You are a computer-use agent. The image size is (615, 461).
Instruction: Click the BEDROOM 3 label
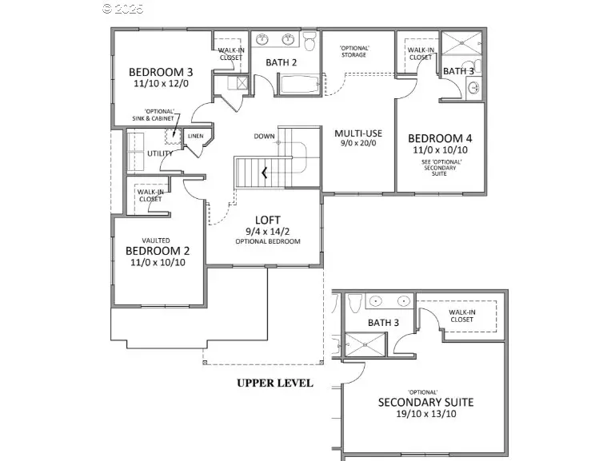[158, 72]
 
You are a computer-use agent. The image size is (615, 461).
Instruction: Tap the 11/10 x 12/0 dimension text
[158, 84]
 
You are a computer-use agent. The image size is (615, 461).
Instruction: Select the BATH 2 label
[281, 62]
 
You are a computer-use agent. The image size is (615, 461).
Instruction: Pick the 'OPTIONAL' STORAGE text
[353, 51]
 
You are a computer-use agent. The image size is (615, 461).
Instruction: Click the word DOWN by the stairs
[265, 136]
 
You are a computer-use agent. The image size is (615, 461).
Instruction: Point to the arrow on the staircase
[264, 172]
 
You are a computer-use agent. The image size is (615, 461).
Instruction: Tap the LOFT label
[267, 220]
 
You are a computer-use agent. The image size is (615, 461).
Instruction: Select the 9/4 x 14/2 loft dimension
[267, 232]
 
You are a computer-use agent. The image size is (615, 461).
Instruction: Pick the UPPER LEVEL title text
[274, 384]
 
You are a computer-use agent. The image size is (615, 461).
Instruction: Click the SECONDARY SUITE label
[425, 402]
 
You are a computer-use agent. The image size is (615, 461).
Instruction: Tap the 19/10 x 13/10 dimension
[425, 414]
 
